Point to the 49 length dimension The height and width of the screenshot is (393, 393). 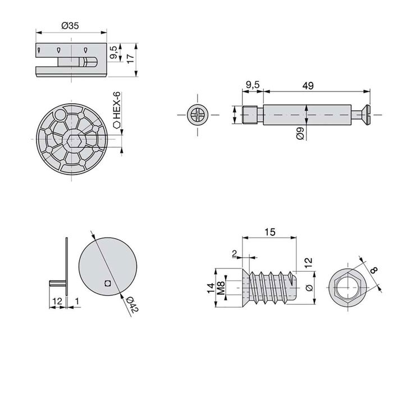pos(307,85)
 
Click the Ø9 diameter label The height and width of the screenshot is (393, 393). pos(301,134)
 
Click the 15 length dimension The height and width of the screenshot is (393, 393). pos(269,231)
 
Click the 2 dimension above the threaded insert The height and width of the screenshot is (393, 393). pos(234,254)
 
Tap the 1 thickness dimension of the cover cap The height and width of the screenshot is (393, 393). pos(76,301)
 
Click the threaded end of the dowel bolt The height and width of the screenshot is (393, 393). pos(250,116)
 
